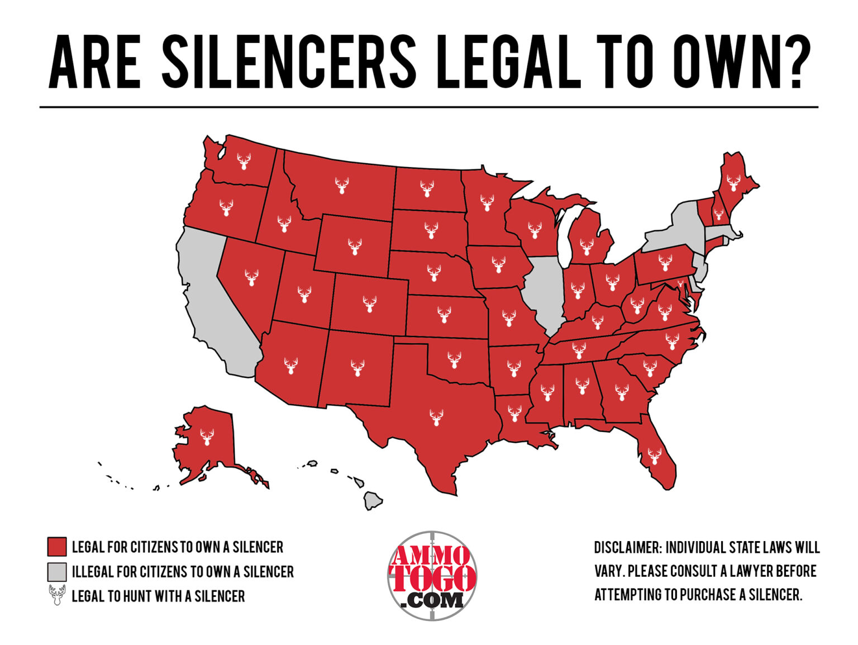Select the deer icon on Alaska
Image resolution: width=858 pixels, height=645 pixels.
pos(207,437)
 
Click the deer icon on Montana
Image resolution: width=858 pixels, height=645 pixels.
pos(342,185)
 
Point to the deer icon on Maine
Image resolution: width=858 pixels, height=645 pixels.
pos(733,182)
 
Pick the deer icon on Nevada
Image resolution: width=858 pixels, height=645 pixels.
pos(252,277)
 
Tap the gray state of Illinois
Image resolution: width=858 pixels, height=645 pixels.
pos(545,291)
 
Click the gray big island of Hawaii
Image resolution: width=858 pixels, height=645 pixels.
pos(373,500)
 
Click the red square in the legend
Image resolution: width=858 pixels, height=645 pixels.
pos(57,547)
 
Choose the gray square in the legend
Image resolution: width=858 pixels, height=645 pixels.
pos(57,572)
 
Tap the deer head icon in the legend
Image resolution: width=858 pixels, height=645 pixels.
pos(57,596)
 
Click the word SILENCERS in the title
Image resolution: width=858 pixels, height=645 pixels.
pos(289,61)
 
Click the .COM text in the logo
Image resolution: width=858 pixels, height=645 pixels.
pos(432,600)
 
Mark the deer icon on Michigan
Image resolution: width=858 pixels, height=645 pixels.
pos(587,246)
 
